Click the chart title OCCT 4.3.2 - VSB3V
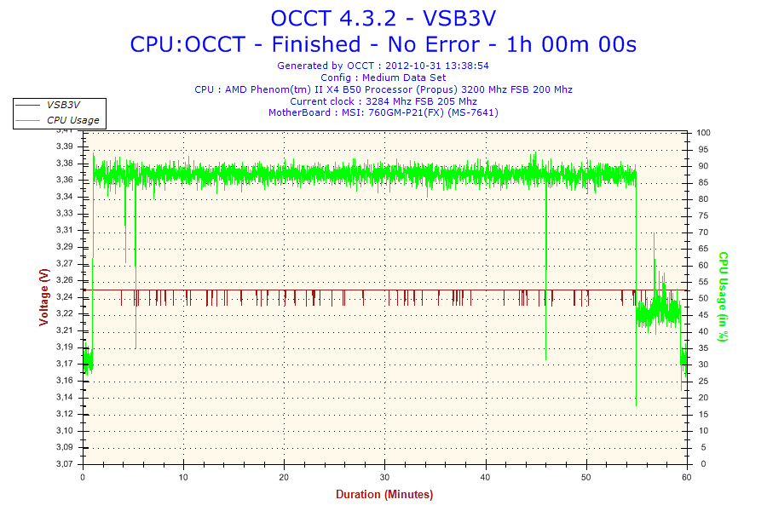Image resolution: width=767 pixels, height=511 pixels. click(383, 18)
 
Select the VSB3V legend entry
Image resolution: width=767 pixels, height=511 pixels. click(63, 105)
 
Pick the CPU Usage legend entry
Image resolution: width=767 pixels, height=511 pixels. click(72, 120)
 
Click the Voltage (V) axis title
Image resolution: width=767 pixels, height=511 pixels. click(44, 296)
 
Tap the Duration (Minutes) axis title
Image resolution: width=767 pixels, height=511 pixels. click(383, 495)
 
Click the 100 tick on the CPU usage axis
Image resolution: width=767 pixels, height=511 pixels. click(704, 133)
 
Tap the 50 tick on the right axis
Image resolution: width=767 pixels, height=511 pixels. click(701, 298)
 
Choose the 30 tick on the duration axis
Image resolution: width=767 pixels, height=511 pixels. click(385, 478)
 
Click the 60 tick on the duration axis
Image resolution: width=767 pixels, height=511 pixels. click(687, 478)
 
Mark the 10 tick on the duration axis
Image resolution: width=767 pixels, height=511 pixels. click(183, 478)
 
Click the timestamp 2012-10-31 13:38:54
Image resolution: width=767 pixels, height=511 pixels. click(437, 65)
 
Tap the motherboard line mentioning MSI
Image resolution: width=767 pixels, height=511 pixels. click(383, 112)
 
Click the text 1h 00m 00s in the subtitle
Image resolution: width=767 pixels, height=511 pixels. click(572, 43)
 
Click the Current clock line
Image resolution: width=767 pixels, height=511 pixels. click(383, 100)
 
